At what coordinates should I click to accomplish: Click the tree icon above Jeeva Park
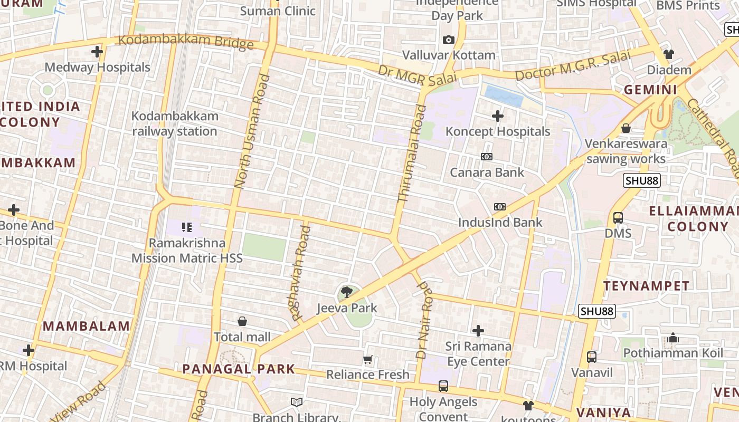click(x=347, y=291)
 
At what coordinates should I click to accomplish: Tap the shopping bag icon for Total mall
click(x=242, y=321)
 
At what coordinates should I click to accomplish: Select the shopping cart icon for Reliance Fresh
click(x=368, y=359)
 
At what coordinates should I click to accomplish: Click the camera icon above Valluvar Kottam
click(x=449, y=40)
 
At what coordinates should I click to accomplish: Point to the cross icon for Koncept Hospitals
click(x=497, y=116)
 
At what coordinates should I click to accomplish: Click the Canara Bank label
click(x=487, y=172)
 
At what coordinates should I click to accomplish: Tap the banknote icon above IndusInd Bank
click(x=499, y=207)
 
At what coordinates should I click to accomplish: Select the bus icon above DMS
click(x=618, y=217)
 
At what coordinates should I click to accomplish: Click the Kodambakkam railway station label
click(x=174, y=123)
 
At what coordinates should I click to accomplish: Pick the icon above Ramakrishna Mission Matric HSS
click(x=187, y=227)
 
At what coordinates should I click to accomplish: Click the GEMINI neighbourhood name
click(x=650, y=90)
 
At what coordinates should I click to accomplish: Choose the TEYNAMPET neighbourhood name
click(x=646, y=286)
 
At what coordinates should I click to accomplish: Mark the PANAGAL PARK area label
click(x=239, y=369)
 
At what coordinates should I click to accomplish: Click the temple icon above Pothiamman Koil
click(x=673, y=338)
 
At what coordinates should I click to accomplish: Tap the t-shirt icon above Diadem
click(x=669, y=54)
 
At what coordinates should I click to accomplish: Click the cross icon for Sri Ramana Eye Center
click(x=478, y=331)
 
